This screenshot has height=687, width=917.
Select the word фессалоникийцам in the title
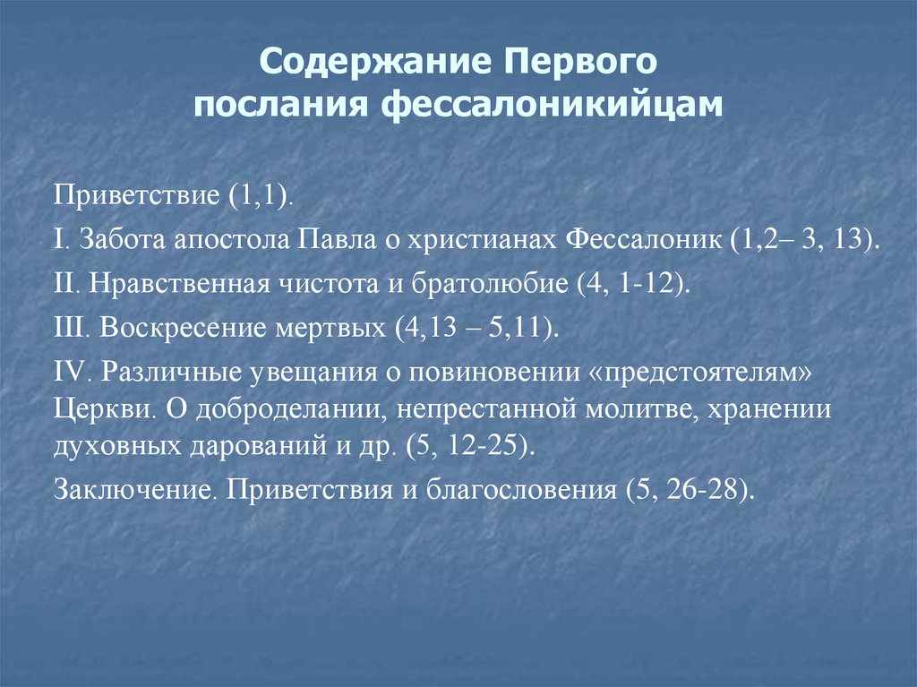coord(555,104)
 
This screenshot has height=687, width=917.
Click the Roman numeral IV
coord(70,371)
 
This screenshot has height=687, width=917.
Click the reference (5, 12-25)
coord(471,447)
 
